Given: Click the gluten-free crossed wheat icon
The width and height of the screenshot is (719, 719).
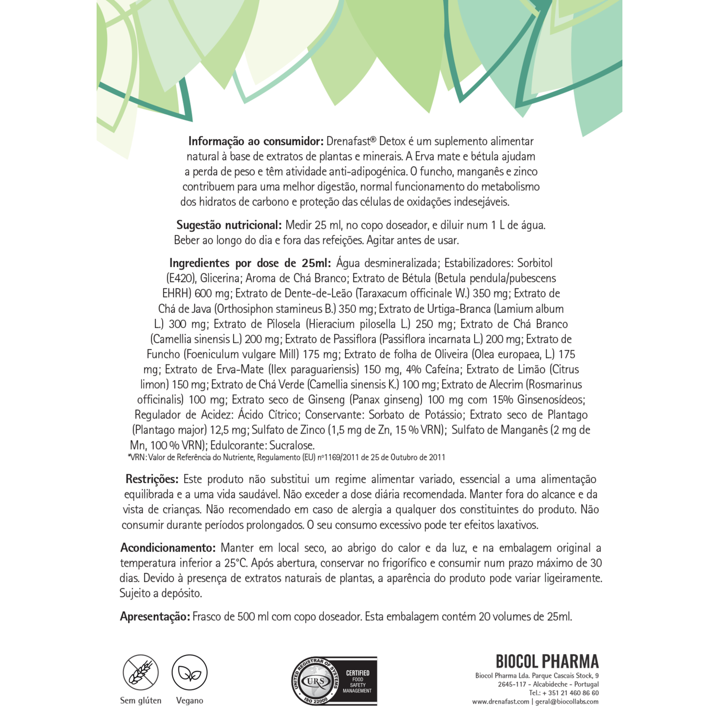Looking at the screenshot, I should click(x=140, y=673).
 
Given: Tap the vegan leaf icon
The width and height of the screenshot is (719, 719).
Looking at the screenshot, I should click(x=189, y=673).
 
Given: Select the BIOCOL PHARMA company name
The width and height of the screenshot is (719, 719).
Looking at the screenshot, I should click(x=547, y=662).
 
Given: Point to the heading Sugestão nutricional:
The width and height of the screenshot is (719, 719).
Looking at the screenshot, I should click(x=229, y=225).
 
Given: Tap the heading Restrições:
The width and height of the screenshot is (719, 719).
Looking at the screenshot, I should click(x=152, y=479).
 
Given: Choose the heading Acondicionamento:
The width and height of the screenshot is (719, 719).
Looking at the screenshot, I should click(x=168, y=548).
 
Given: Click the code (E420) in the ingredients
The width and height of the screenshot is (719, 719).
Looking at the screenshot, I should click(x=181, y=278).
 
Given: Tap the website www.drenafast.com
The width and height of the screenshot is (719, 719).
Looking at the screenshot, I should click(x=500, y=701).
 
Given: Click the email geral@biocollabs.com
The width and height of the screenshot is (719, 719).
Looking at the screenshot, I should click(x=567, y=701).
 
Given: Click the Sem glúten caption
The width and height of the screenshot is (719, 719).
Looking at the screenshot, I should click(x=141, y=700).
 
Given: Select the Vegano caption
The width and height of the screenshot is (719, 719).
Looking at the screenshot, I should click(x=189, y=700).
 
